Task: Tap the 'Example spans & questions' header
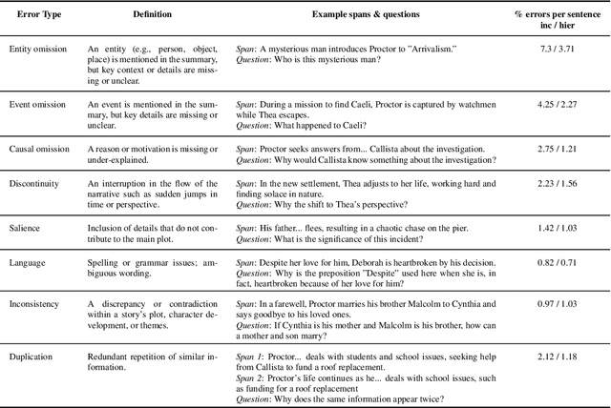(x=366, y=18)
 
